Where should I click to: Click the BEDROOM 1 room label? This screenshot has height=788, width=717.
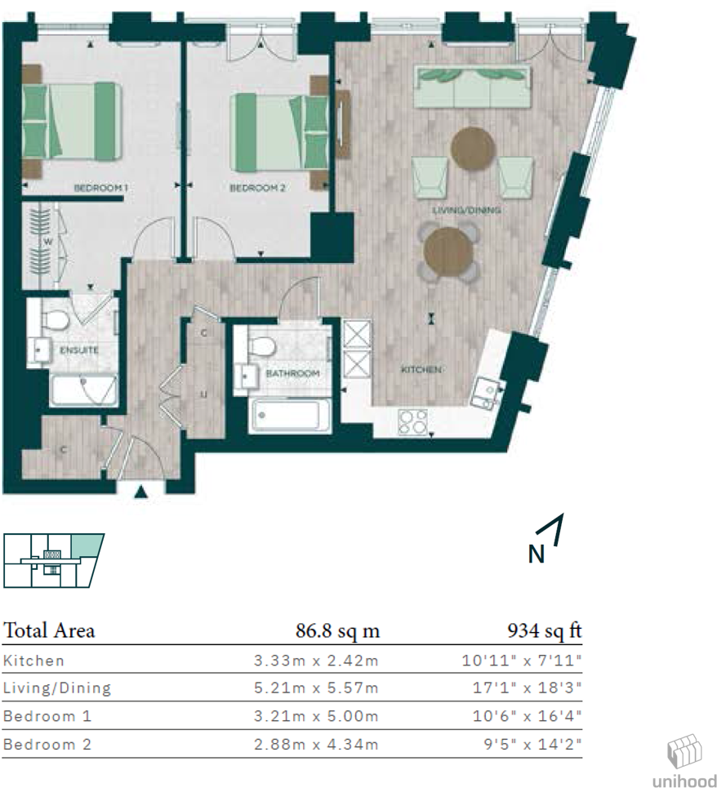click(x=101, y=189)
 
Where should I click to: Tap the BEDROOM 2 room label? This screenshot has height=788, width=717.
click(x=257, y=189)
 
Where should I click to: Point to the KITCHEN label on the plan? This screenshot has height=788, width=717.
click(x=421, y=370)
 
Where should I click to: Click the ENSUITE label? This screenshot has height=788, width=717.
click(x=79, y=350)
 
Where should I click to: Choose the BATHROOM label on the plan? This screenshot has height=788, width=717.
click(x=292, y=373)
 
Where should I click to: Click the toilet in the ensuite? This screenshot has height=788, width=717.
click(x=56, y=319)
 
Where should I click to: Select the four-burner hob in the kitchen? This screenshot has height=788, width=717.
click(x=413, y=421)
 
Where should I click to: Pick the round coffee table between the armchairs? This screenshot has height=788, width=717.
click(x=474, y=149)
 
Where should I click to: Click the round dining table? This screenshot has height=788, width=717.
click(x=448, y=251)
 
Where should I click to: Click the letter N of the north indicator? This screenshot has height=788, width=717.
click(x=536, y=554)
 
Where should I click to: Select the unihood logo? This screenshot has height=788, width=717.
click(x=684, y=762)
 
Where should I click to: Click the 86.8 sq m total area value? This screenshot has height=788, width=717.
click(x=337, y=631)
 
